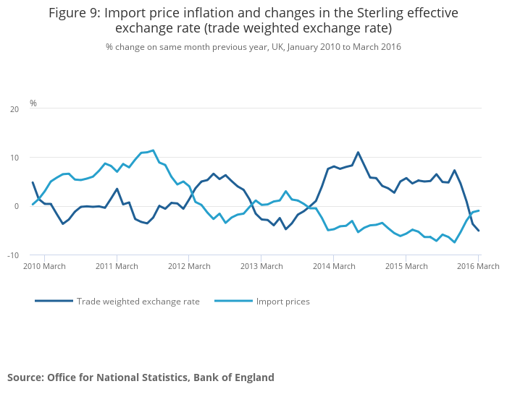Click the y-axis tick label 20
(14, 109)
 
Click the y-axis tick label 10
(14, 158)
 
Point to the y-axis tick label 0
(17, 206)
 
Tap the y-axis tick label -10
(14, 255)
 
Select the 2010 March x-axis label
(44, 266)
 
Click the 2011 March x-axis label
(117, 266)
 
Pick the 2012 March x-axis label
(188, 266)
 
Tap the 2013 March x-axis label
(261, 266)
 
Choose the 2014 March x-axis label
(333, 266)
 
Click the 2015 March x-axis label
(405, 266)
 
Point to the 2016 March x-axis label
(477, 266)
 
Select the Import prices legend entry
(282, 301)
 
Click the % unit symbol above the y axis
(33, 103)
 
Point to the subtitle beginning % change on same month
(253, 46)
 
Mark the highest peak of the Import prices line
(153, 150)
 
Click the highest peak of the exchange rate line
(358, 152)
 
